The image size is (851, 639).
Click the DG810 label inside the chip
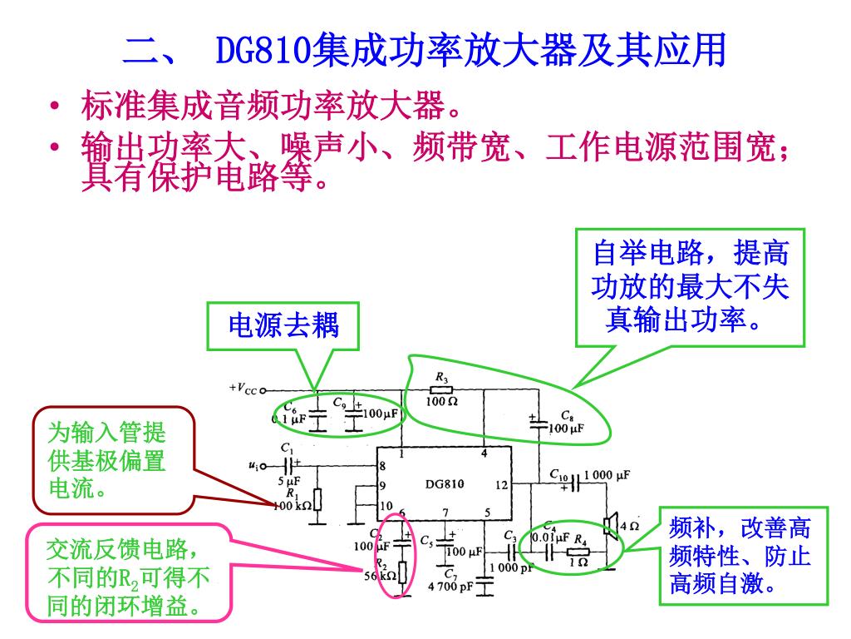tap(445, 484)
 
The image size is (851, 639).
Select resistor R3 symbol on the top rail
tap(441, 389)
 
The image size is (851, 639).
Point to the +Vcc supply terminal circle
tap(263, 389)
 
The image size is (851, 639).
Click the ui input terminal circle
tap(263, 465)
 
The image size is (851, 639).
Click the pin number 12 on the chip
tap(501, 484)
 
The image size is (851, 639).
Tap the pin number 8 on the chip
tap(382, 465)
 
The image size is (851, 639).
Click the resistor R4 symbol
tap(578, 551)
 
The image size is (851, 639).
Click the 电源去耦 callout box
tap(283, 325)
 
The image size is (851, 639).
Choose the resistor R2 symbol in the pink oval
tap(402, 572)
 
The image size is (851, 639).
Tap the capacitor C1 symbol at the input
tap(288, 465)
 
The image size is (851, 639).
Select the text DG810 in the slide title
tap(263, 52)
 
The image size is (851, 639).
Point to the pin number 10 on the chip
tap(386, 505)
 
